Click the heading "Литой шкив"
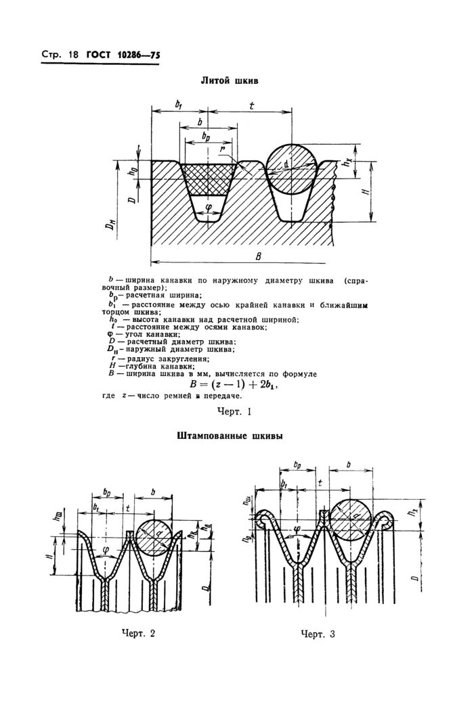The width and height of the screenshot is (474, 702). pos(230,80)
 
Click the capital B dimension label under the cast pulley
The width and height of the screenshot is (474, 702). pos(259,255)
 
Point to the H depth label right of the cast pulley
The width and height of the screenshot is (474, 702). pos(364,192)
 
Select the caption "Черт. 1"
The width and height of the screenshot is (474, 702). pos(234,411)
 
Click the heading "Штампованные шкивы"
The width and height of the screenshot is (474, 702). pos(230,437)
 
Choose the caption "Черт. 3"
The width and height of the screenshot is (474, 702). pos(318,634)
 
